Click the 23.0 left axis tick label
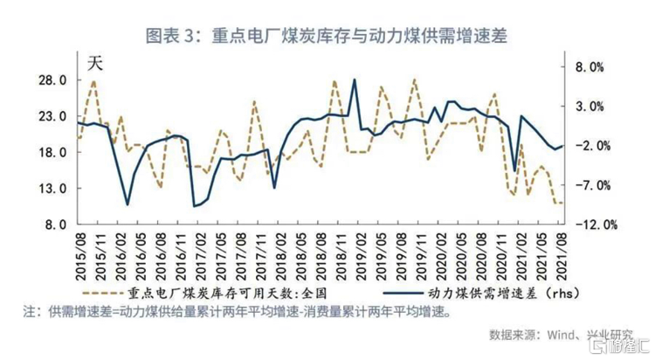(x=52, y=116)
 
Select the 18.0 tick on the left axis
(x=52, y=152)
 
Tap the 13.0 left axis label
(x=52, y=188)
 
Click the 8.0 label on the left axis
(x=54, y=224)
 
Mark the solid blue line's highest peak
(x=355, y=80)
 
